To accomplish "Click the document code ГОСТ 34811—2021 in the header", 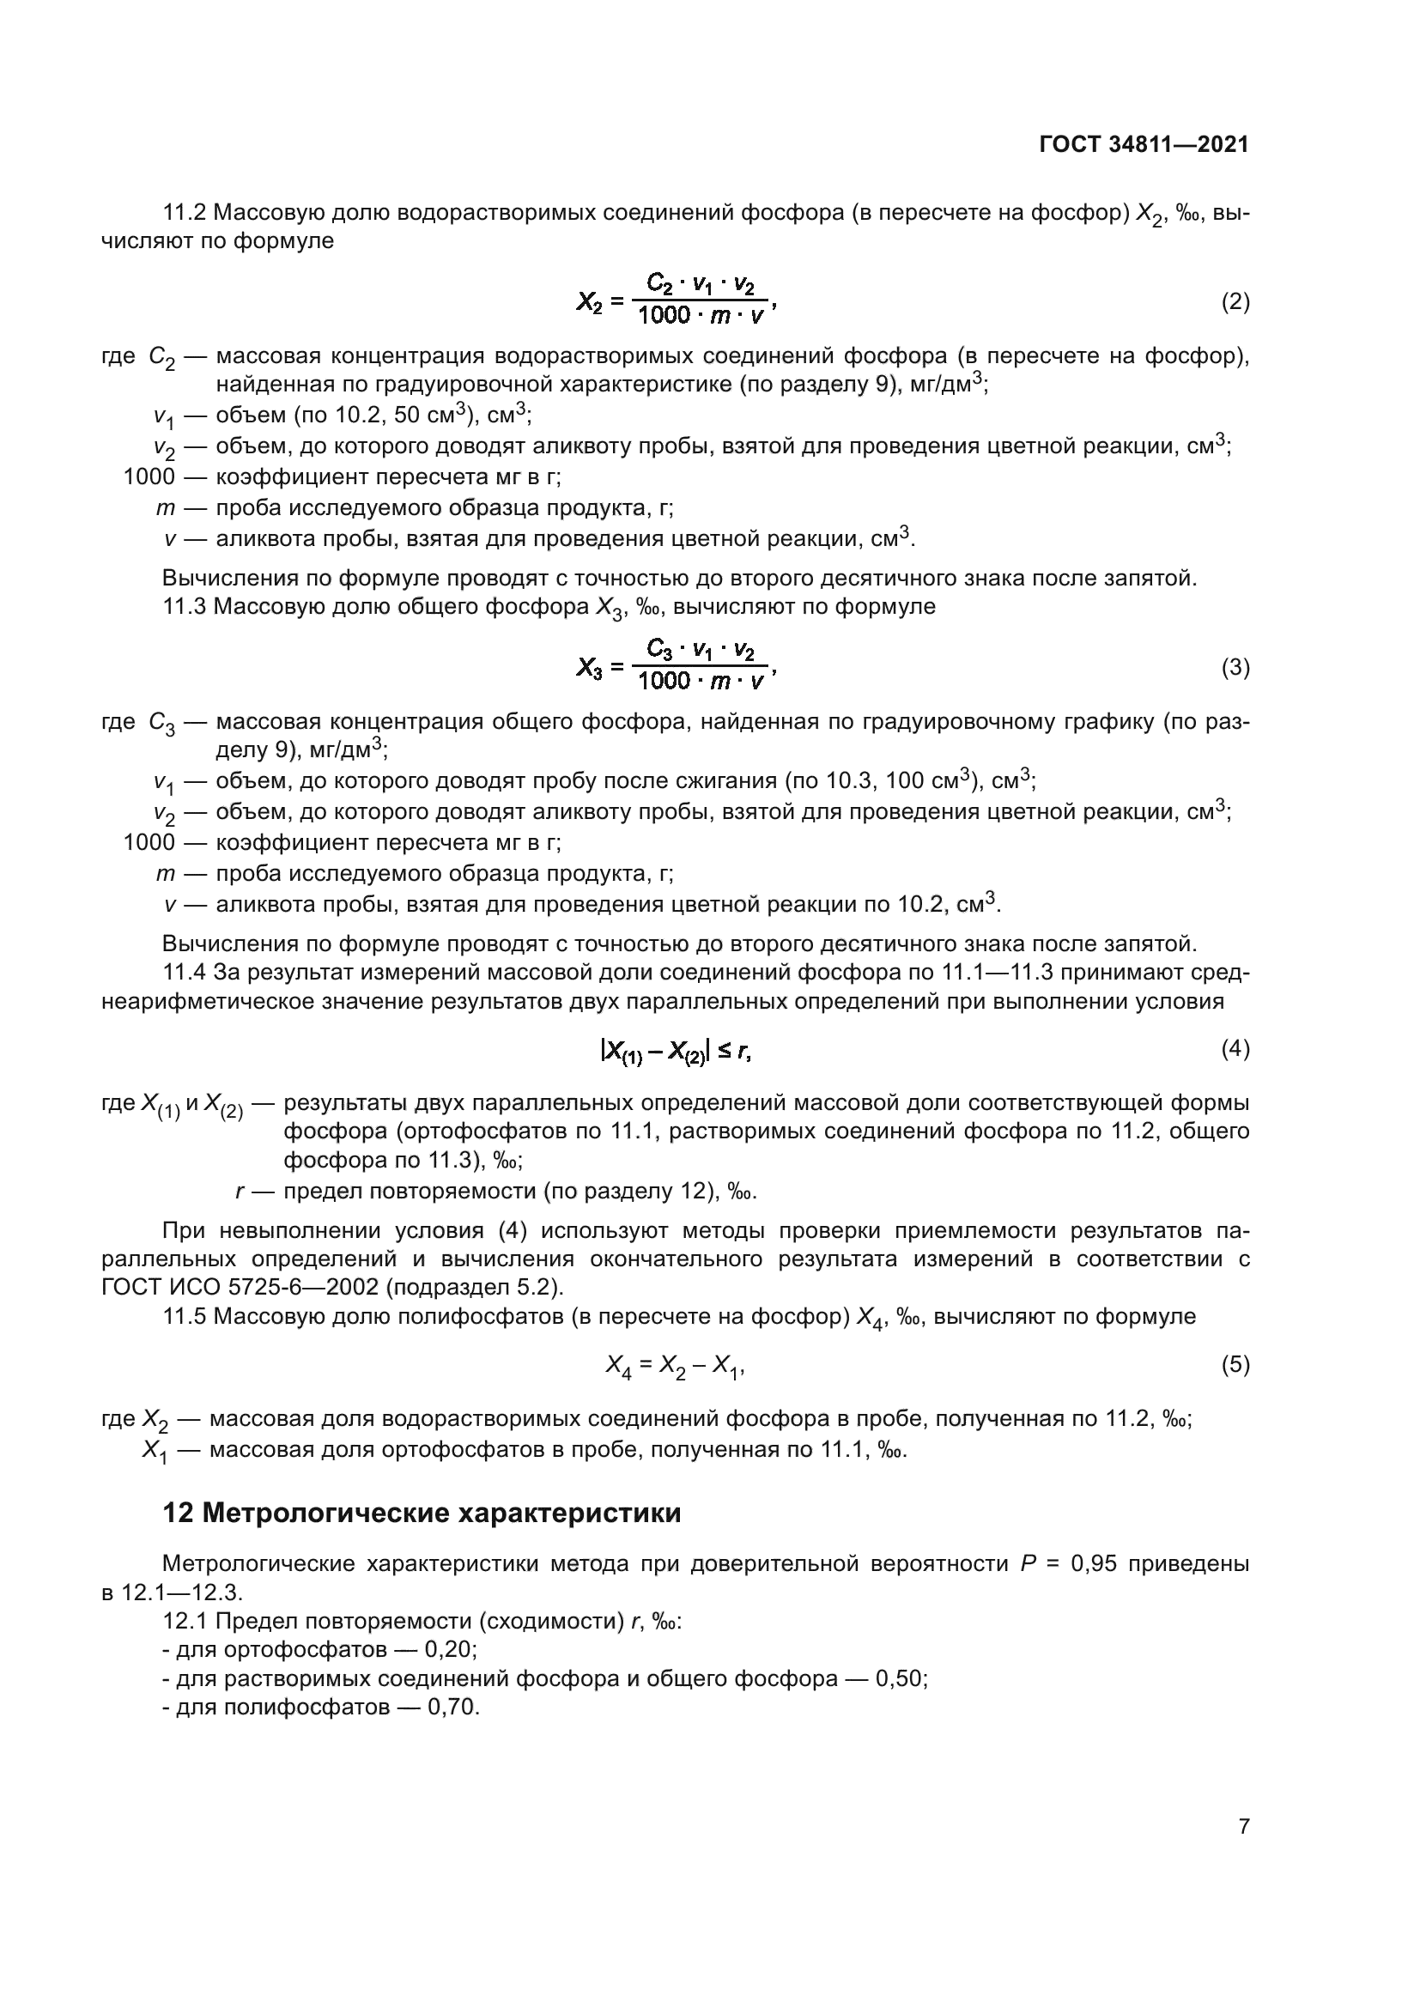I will click(1144, 144).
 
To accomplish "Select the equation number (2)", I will click(1235, 301).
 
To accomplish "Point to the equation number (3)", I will click(1235, 667).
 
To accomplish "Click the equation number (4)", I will click(1235, 1048).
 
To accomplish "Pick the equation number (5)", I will click(1235, 1364).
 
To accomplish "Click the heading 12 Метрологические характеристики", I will click(422, 1513).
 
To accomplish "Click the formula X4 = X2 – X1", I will click(675, 1365).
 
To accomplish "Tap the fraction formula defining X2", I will click(675, 300).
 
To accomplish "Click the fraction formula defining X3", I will click(675, 665).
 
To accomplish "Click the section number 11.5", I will click(185, 1316).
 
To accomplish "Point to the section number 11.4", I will click(185, 973).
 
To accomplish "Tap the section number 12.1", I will click(185, 1622).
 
